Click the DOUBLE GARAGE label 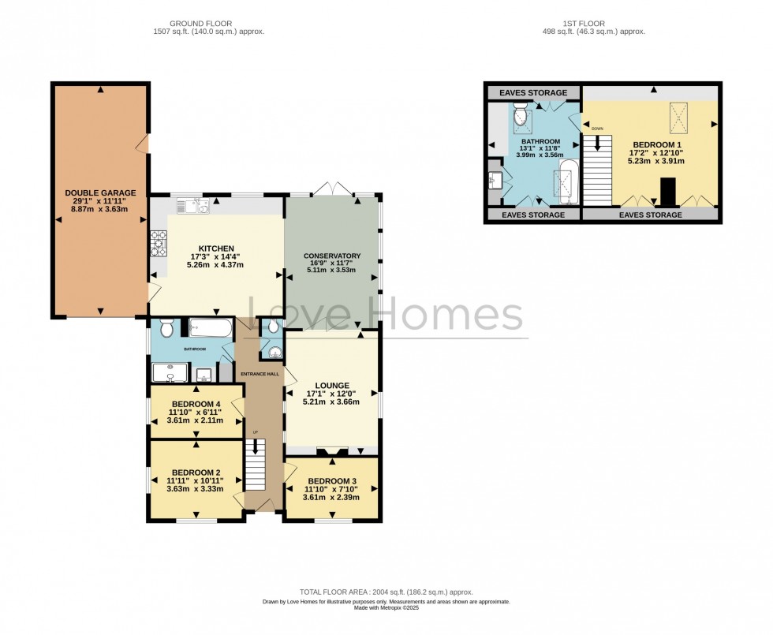[100, 192]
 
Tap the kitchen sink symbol [192, 207]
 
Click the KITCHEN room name [215, 248]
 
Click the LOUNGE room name [332, 386]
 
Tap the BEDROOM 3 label [332, 481]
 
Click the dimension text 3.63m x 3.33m [195, 488]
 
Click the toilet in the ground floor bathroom [166, 328]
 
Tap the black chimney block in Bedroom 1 [667, 192]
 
